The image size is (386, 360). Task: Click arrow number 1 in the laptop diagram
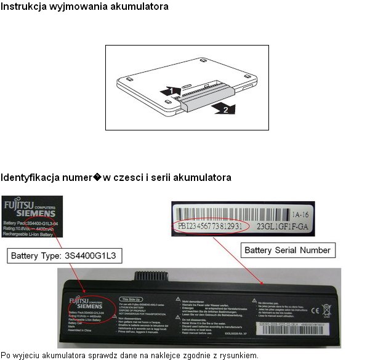pos(167,90)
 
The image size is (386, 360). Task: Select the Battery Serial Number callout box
pos(287,250)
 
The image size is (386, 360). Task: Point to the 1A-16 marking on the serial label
pos(302,215)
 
